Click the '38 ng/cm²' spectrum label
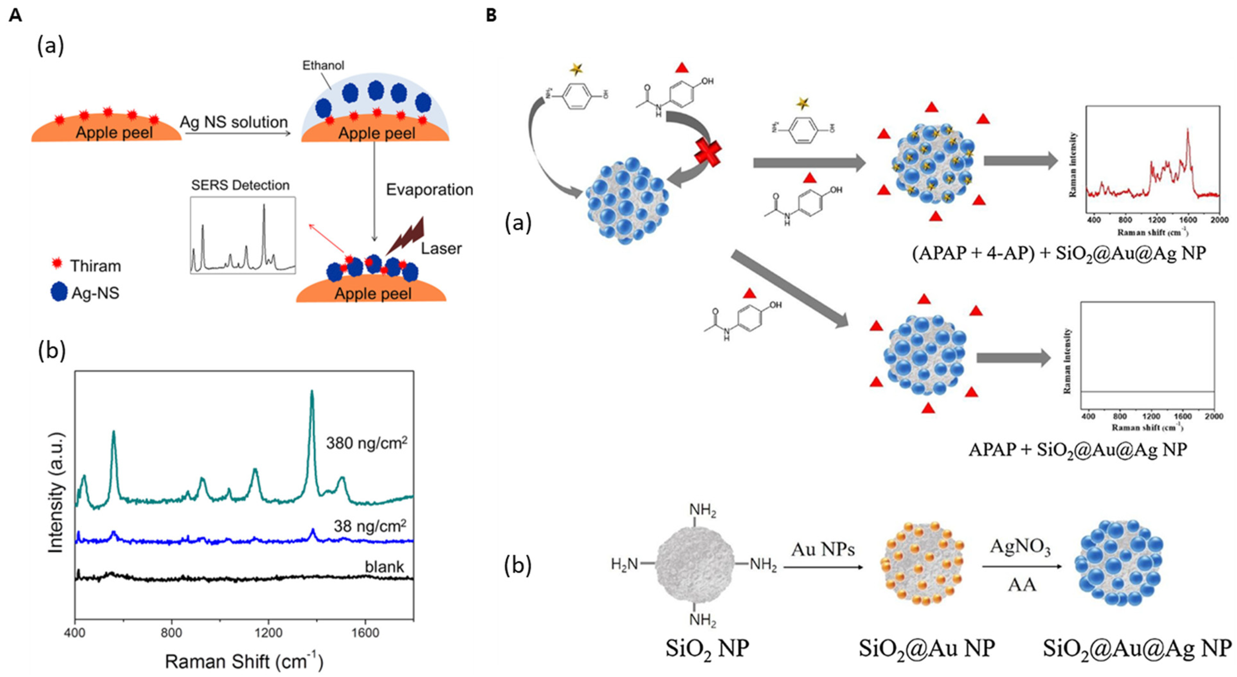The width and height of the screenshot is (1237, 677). click(370, 526)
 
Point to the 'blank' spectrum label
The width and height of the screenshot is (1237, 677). click(384, 567)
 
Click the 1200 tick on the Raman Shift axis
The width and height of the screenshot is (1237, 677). click(268, 633)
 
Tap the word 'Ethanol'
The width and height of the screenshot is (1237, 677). click(323, 65)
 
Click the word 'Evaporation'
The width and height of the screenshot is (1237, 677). click(429, 190)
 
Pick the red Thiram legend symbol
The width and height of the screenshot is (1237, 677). click(58, 264)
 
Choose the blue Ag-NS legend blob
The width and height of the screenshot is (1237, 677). click(59, 292)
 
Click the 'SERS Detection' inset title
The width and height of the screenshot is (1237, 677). click(240, 185)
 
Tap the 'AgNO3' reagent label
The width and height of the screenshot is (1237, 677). click(1020, 547)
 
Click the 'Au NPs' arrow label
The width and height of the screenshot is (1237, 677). click(823, 549)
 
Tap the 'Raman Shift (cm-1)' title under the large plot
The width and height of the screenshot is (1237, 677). click(244, 662)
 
